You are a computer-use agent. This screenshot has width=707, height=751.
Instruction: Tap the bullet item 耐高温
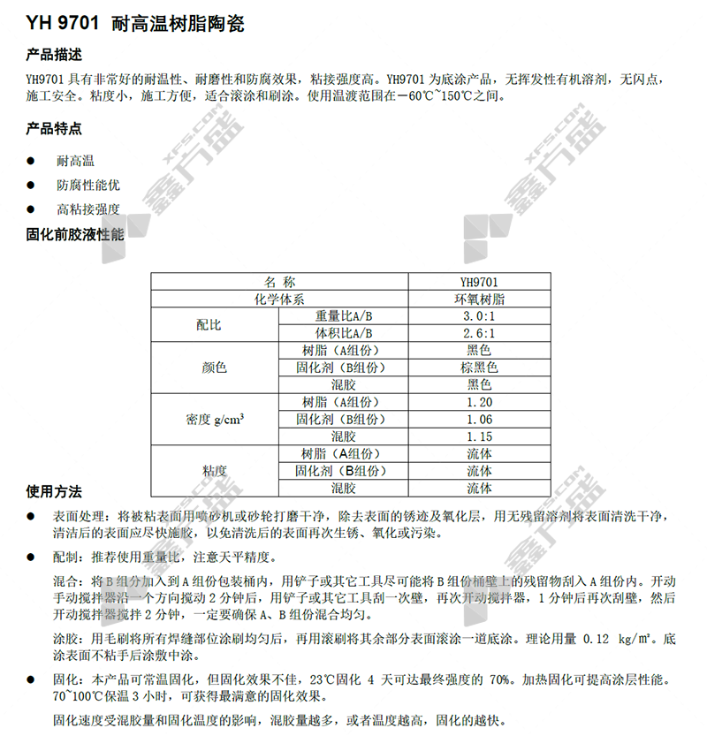tap(75, 161)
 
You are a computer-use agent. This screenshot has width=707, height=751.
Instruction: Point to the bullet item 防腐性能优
tap(87, 186)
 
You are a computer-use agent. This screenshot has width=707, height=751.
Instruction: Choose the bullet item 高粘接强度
tap(87, 209)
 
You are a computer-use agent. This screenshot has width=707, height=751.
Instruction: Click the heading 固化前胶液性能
tap(76, 235)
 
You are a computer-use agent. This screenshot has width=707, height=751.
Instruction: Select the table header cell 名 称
tap(279, 282)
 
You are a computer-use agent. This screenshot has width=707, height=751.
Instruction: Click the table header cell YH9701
tap(478, 282)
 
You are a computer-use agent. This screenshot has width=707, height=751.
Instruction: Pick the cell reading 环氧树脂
tap(478, 300)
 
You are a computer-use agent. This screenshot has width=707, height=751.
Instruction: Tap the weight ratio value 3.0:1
tap(478, 316)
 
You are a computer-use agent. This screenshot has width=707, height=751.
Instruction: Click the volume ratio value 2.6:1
tap(478, 333)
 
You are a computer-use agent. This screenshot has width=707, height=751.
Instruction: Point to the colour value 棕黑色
tap(478, 368)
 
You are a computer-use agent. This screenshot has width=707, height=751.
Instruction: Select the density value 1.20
tap(478, 402)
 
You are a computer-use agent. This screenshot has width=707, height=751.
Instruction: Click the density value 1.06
tap(478, 419)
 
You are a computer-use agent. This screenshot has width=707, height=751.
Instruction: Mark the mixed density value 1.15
tap(478, 436)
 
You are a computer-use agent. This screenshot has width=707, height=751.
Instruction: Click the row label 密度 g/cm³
tap(215, 419)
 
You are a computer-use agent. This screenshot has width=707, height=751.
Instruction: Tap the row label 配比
tap(209, 325)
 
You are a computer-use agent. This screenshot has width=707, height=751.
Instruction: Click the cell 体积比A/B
tap(344, 333)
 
